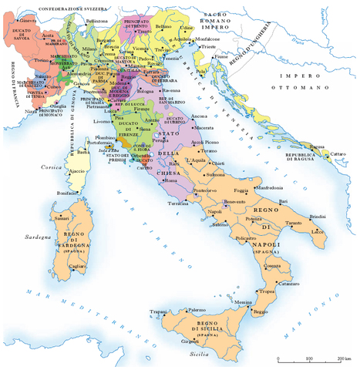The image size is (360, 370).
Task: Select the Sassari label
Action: (x=62, y=219)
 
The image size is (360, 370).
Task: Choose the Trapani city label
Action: (x=159, y=311)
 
